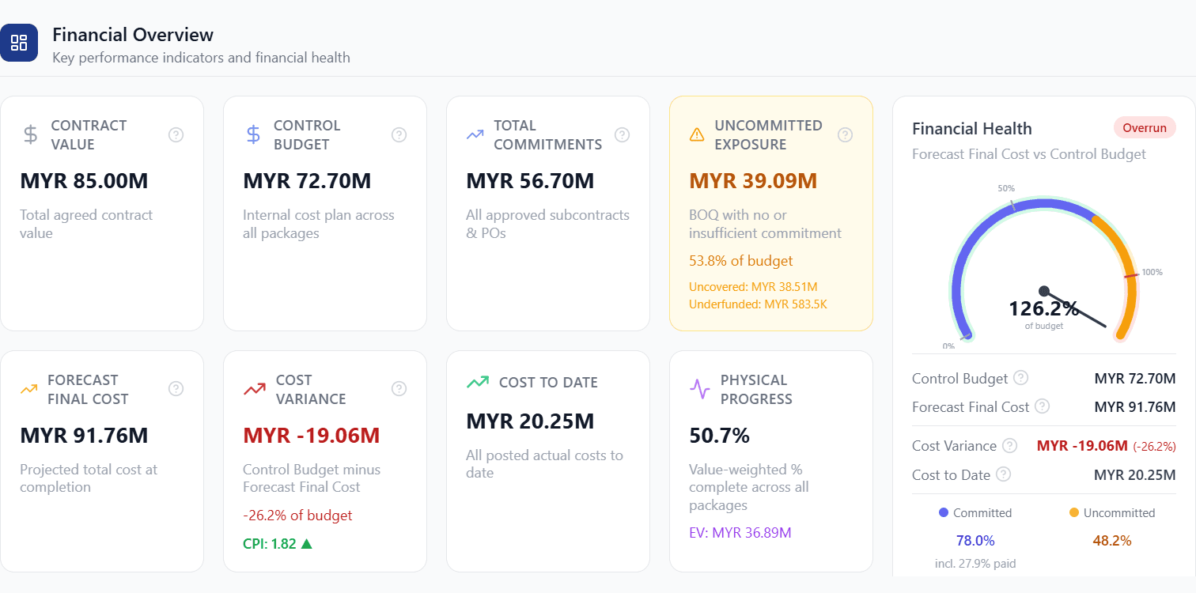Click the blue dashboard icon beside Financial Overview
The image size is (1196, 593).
point(19,43)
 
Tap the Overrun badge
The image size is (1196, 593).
point(1145,128)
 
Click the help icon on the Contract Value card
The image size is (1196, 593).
point(176,135)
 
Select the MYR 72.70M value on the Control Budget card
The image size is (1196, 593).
point(307,181)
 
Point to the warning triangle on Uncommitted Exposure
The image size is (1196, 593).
point(697,134)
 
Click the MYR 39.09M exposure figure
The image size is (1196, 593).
point(753,181)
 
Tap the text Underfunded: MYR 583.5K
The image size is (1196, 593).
point(758,304)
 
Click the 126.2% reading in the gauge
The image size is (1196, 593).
point(1044,308)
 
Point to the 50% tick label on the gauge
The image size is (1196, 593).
point(1006,188)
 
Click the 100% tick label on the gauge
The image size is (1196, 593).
point(1152,272)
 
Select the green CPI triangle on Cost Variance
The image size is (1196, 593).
point(306,543)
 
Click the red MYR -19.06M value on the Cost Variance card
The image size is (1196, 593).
point(312,436)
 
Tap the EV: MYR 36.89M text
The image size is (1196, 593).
point(740,533)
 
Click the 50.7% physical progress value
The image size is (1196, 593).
point(719,436)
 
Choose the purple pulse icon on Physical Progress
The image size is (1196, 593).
point(699,388)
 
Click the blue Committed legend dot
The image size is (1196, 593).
point(944,512)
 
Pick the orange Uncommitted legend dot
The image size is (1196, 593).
point(1073,512)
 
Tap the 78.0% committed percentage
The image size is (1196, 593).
point(975,541)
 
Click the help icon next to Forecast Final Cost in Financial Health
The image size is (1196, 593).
point(1042,406)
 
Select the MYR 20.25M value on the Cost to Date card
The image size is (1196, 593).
point(530,421)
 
